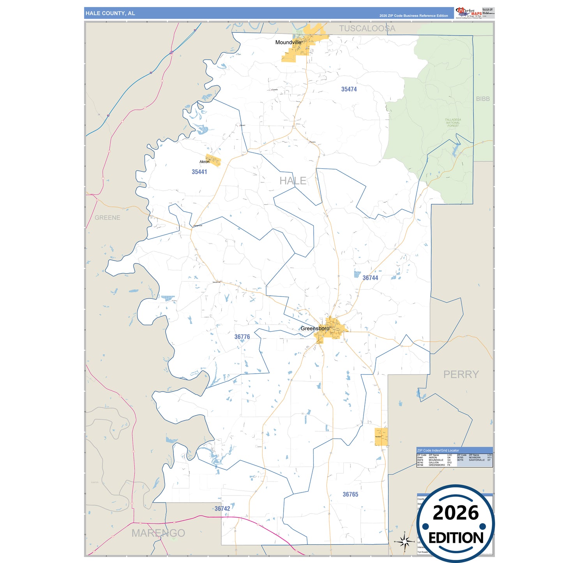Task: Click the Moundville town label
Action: (x=288, y=42)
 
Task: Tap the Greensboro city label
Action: (x=315, y=328)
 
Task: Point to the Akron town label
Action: (x=204, y=162)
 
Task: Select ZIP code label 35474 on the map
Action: (x=349, y=89)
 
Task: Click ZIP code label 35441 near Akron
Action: (x=199, y=172)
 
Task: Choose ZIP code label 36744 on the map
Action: (x=370, y=278)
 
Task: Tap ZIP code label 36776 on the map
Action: (x=242, y=337)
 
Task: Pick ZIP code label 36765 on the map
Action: (x=350, y=494)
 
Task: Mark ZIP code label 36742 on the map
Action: (x=222, y=508)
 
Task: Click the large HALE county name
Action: (x=293, y=181)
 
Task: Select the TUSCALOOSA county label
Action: (x=367, y=28)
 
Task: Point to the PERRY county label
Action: (x=461, y=374)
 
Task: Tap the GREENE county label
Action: (x=108, y=218)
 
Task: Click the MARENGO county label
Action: (x=158, y=533)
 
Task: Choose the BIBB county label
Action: (x=483, y=99)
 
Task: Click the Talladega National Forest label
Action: (x=453, y=123)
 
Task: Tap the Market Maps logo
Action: (x=469, y=13)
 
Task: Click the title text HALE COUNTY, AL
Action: (x=110, y=13)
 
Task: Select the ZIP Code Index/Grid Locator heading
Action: (x=438, y=450)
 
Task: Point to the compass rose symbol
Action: (x=404, y=541)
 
